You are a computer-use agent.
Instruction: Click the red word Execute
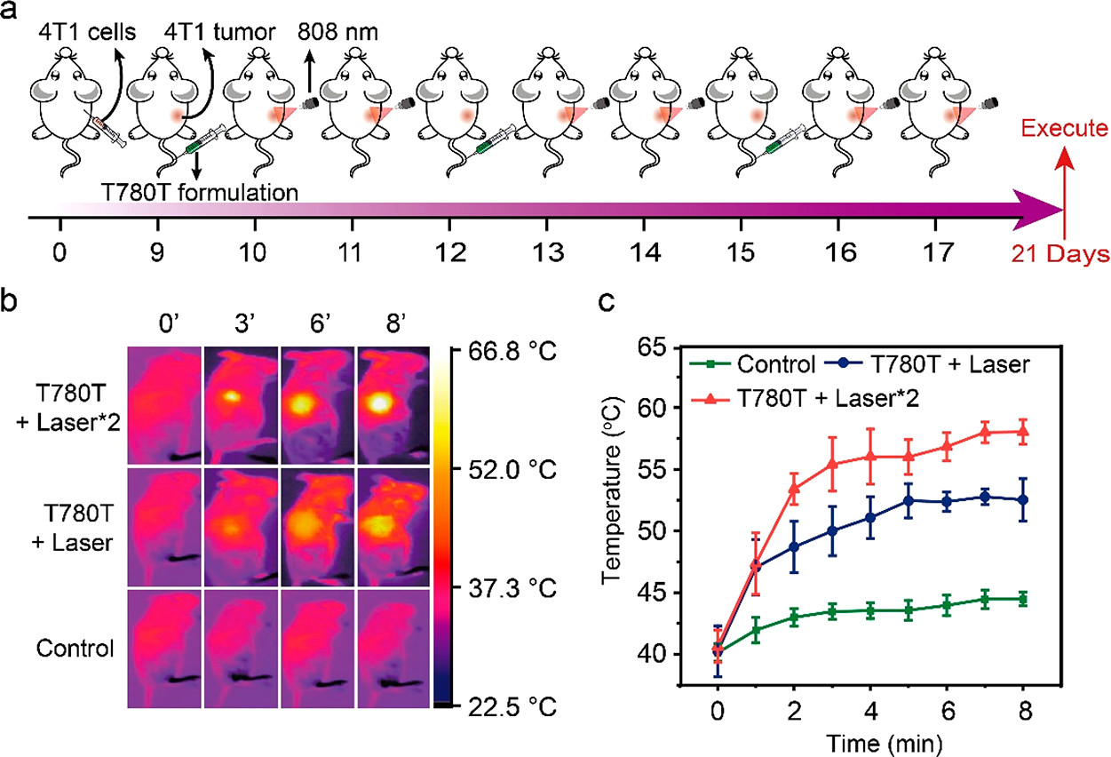[1063, 131]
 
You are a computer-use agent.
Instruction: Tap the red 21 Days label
[1063, 256]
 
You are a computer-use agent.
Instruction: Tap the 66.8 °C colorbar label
[515, 352]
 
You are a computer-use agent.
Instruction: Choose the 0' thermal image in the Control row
[164, 649]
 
